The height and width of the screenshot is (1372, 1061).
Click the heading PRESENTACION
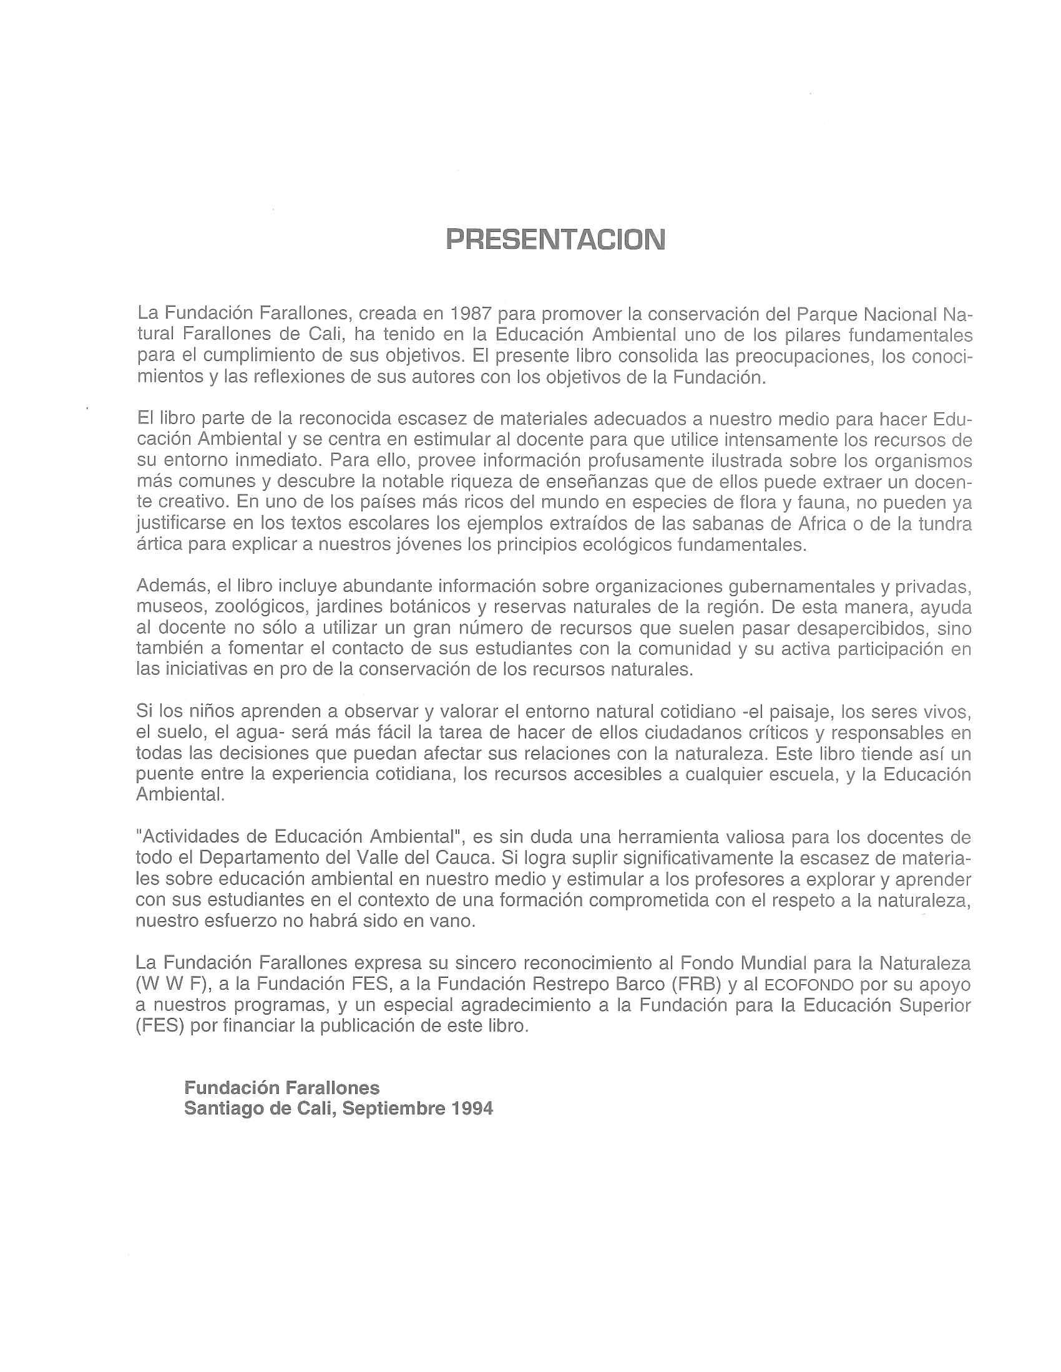[x=555, y=239]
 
